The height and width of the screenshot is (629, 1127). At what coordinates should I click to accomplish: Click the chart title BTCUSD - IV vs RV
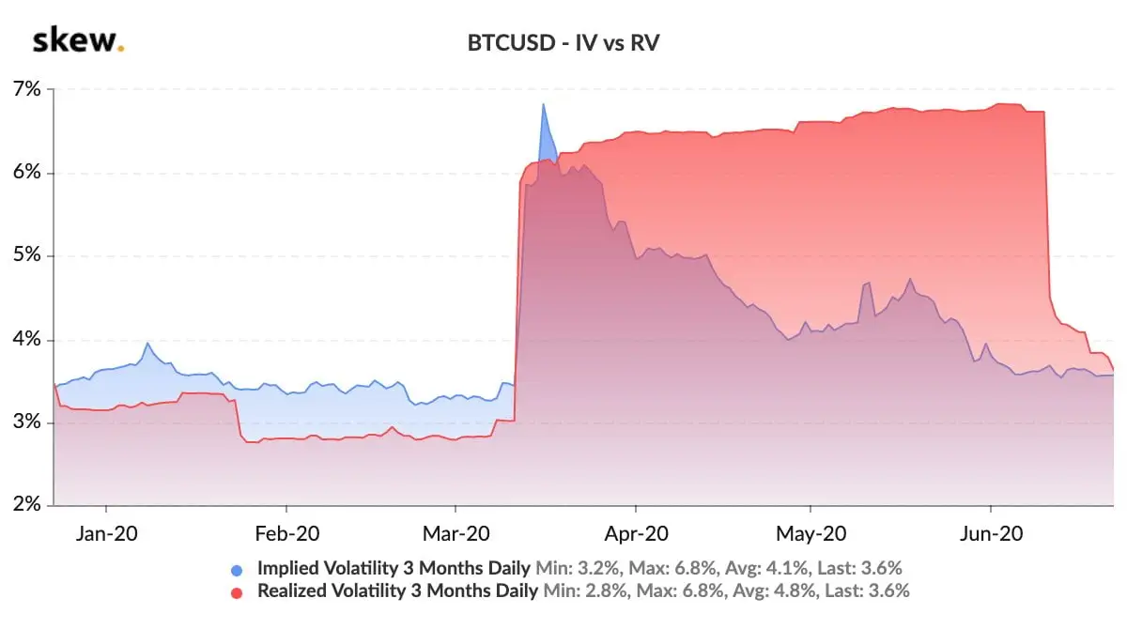[563, 43]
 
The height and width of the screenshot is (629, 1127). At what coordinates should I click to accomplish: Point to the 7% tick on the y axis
[28, 90]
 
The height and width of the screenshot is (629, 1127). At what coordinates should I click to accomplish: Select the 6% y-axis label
[28, 173]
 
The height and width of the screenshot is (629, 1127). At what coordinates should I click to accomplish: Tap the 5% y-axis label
[28, 256]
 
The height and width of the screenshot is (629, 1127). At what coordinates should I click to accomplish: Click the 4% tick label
[28, 340]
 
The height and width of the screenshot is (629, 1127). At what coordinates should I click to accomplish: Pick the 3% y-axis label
[28, 422]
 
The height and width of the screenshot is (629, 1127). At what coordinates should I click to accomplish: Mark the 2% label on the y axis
[28, 505]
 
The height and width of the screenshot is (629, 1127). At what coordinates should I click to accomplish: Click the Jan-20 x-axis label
[106, 533]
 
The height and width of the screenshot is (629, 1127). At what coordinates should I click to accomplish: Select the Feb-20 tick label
[286, 533]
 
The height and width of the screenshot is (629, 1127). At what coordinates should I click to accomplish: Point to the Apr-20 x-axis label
[636, 533]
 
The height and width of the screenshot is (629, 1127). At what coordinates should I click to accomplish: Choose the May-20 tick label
[811, 533]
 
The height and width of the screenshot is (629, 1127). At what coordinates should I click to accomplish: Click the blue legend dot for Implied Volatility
[238, 569]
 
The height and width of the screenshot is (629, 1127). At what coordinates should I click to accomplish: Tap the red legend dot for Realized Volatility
[238, 591]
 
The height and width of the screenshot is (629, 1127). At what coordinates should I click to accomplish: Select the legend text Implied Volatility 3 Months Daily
[394, 568]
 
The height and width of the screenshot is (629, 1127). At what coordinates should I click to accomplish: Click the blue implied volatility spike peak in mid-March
[543, 105]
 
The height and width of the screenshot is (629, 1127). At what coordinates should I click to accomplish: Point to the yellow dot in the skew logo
[121, 49]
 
